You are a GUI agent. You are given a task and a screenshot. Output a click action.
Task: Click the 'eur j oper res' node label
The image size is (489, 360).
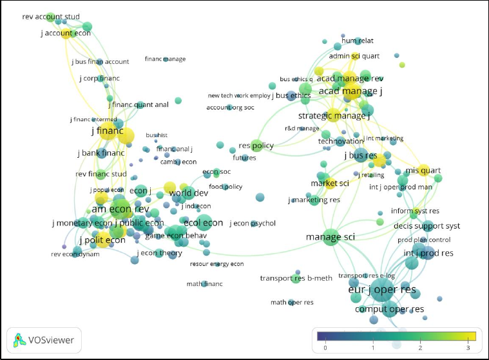coord(381,290)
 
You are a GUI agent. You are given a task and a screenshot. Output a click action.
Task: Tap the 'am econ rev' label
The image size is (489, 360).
coord(120,209)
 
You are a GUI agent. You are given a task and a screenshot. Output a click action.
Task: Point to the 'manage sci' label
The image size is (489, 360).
coord(330,237)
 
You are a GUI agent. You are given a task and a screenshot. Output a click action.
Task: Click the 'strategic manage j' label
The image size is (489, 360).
coord(334,116)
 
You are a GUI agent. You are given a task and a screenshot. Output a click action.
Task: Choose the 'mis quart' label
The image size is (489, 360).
coord(423,170)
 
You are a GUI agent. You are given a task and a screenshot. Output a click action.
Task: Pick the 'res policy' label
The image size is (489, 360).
coord(256,146)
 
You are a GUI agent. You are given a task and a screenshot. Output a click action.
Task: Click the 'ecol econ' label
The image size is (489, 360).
coord(204,223)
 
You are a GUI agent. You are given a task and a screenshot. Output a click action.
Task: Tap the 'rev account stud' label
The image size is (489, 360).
coord(46,17)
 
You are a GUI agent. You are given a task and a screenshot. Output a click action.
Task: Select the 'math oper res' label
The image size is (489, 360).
coord(292,302)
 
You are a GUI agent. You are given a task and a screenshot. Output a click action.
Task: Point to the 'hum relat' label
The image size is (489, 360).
coord(358,41)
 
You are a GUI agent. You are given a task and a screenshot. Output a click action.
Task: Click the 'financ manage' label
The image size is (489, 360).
coord(165,59)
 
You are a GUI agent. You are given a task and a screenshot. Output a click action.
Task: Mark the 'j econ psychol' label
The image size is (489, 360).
coord(253,223)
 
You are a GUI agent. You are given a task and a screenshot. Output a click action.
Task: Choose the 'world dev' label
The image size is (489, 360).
coord(189,193)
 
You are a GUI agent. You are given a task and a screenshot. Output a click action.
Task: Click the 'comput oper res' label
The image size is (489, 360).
coord(389,310)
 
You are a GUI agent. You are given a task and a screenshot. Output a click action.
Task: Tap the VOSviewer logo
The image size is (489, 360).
coord(44,339)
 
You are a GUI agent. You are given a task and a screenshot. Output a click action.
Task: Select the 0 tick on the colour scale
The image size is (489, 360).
coord(325,348)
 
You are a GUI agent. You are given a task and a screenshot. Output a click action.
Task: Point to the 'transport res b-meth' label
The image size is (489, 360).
coord(296,278)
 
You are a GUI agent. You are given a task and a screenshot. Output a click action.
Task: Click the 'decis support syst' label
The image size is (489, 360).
coord(427,226)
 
